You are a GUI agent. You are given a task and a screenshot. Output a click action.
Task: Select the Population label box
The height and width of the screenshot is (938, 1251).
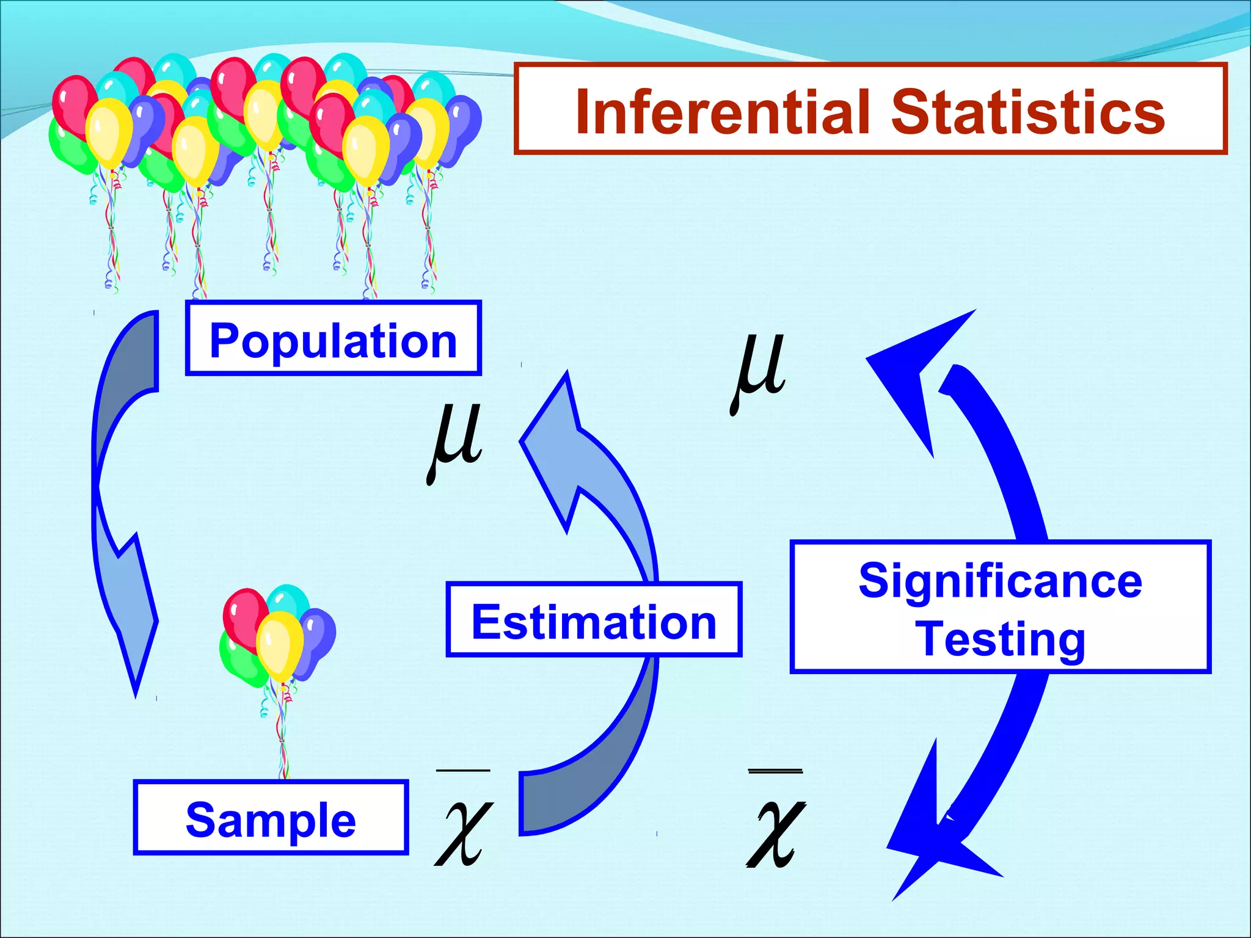pos(333,338)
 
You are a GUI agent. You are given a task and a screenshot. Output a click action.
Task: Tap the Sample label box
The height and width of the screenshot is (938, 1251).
pos(271,818)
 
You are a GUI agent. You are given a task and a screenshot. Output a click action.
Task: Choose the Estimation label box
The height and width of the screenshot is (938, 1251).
pos(594,620)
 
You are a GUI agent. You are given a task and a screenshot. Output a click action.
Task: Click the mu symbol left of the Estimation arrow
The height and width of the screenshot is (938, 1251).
pos(456,440)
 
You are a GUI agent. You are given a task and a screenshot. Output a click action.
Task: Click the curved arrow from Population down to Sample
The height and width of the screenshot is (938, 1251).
pos(122,501)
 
